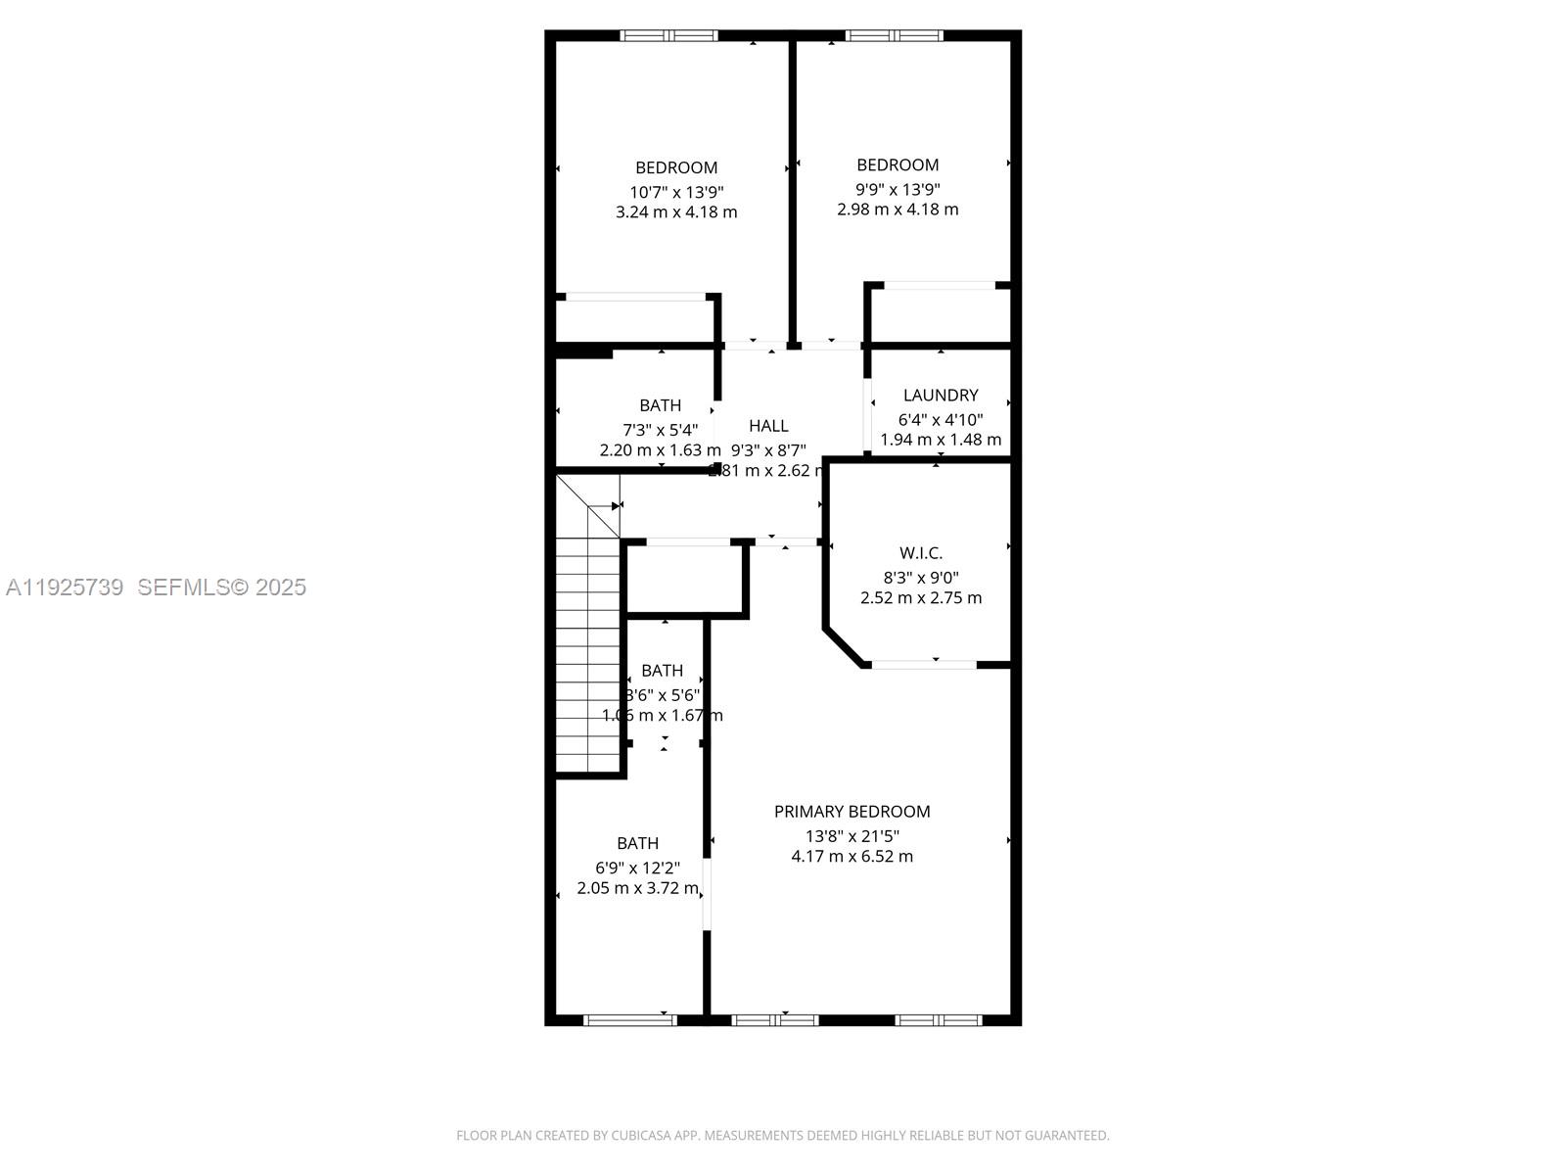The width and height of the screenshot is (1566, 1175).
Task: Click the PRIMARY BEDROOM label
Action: pyautogui.click(x=852, y=811)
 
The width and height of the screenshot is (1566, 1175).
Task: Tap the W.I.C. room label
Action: pyautogui.click(x=920, y=553)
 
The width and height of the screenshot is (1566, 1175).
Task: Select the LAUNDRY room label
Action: pyautogui.click(x=940, y=395)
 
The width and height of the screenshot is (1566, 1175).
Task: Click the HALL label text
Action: pyautogui.click(x=768, y=425)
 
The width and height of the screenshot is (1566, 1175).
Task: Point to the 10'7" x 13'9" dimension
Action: pyautogui.click(x=676, y=192)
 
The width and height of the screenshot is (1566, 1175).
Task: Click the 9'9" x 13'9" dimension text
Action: pyautogui.click(x=898, y=189)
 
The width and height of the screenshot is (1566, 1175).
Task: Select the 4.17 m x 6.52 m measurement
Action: pyautogui.click(x=852, y=856)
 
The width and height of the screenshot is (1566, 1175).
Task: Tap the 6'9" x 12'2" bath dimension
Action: pyautogui.click(x=637, y=868)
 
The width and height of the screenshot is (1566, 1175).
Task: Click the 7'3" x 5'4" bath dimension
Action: pyautogui.click(x=660, y=429)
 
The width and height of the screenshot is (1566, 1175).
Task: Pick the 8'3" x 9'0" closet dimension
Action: pyautogui.click(x=920, y=578)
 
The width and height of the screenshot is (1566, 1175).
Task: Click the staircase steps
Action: pyautogui.click(x=587, y=666)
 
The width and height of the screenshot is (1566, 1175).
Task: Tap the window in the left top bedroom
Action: pyautogui.click(x=668, y=36)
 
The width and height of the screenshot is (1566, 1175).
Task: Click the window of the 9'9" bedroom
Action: pyautogui.click(x=894, y=36)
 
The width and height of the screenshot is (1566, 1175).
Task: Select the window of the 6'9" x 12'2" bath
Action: pyautogui.click(x=630, y=1019)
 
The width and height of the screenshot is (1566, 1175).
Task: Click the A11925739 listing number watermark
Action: pyautogui.click(x=65, y=587)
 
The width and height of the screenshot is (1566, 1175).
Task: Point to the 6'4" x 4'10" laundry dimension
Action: pyautogui.click(x=940, y=419)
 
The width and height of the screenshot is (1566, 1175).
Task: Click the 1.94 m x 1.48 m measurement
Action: pyautogui.click(x=940, y=440)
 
